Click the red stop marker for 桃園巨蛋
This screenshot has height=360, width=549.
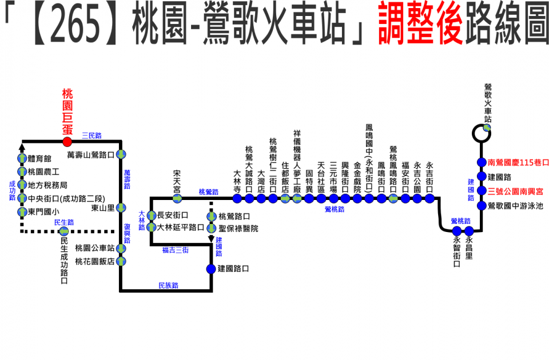pyautogui.click(x=67, y=141)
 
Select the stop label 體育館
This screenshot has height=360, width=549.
pyautogui.click(x=39, y=159)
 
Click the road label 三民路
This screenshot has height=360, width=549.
pyautogui.click(x=91, y=136)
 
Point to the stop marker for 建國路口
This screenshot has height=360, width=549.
pyautogui.click(x=212, y=269)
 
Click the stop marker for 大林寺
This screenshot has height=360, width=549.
pyautogui.click(x=237, y=199)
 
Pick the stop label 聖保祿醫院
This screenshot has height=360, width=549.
pyautogui.click(x=238, y=229)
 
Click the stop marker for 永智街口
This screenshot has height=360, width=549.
pyautogui.click(x=456, y=231)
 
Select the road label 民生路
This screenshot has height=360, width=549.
pyautogui.click(x=64, y=222)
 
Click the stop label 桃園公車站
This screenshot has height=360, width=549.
pyautogui.click(x=95, y=249)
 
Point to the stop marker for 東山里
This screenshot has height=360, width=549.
pyautogui.click(x=121, y=208)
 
